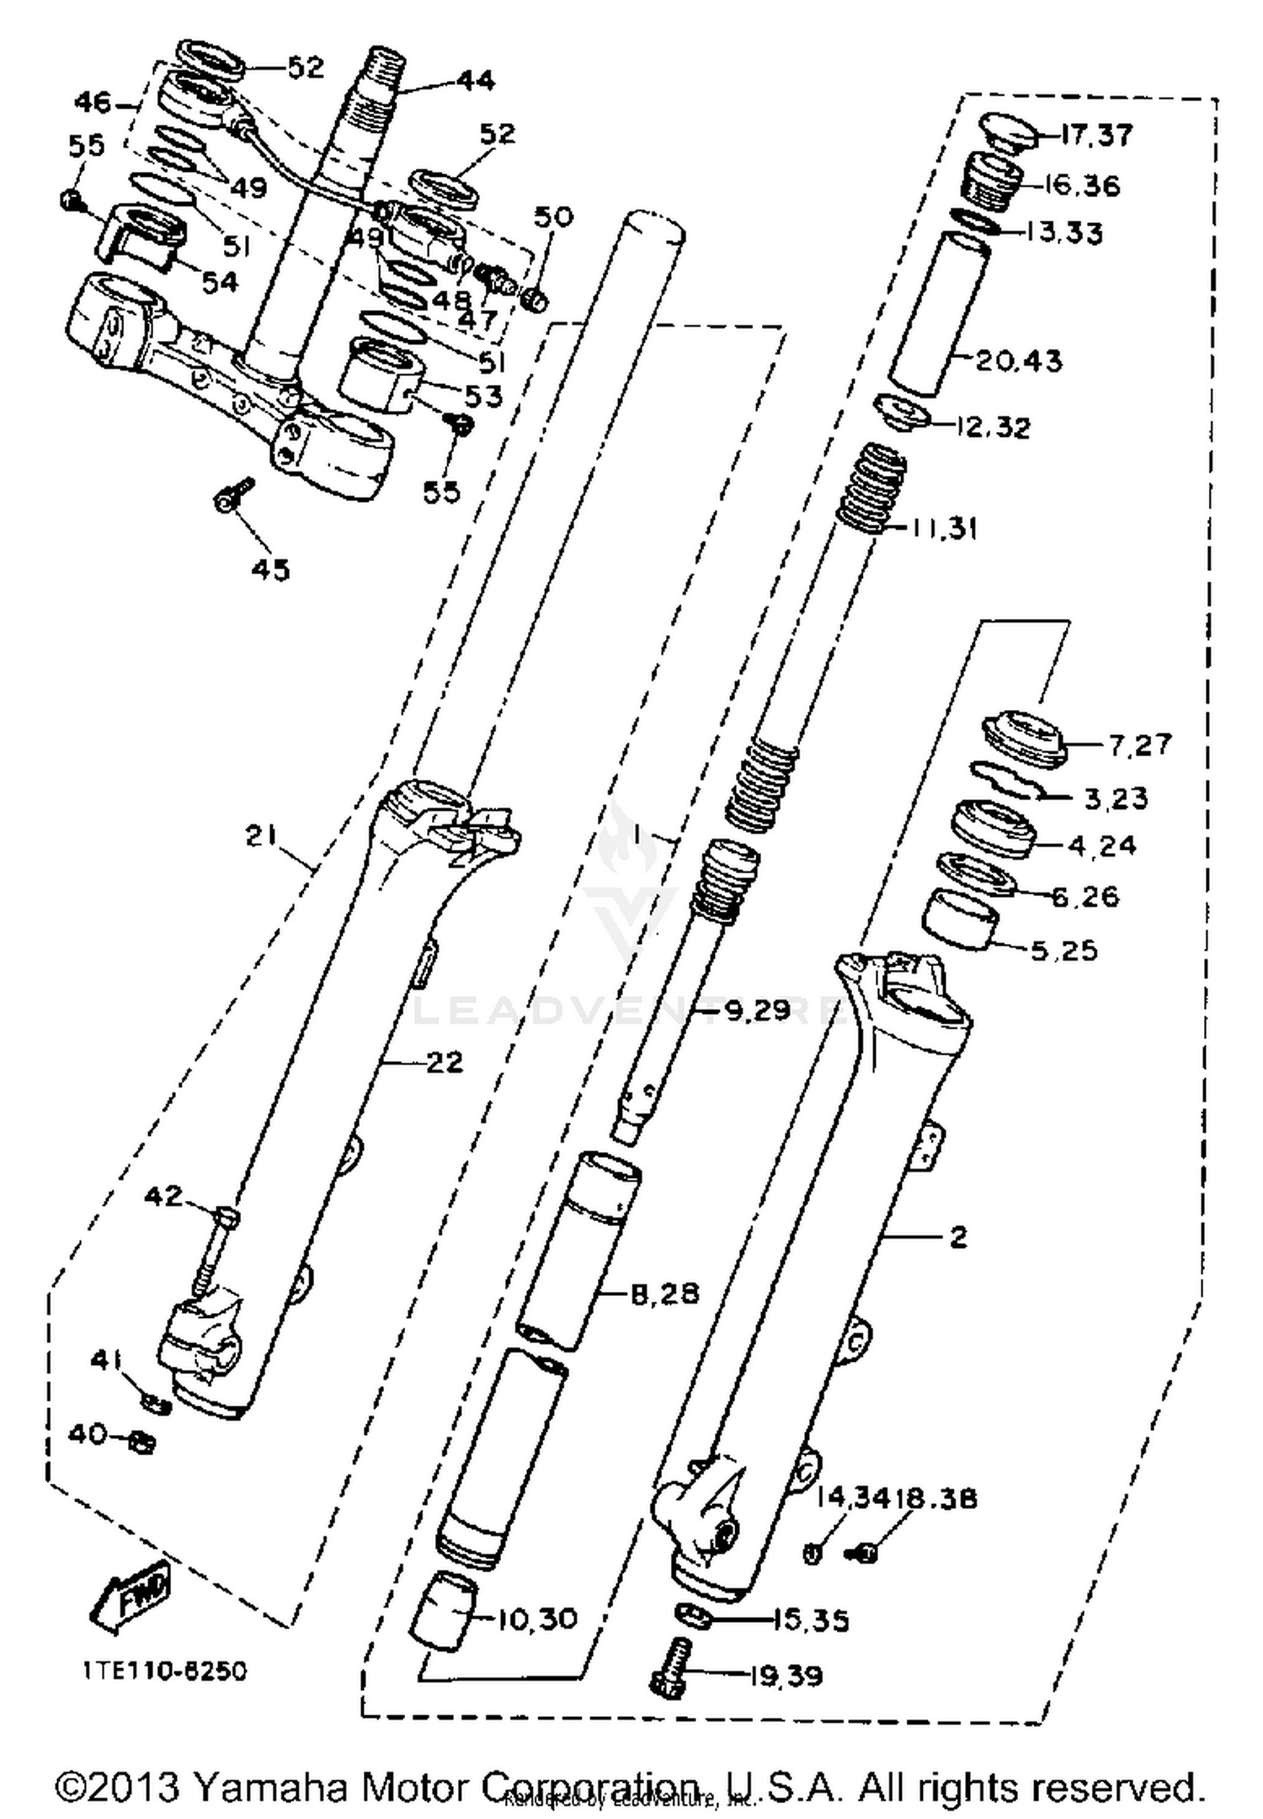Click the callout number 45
(270, 569)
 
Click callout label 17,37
(1096, 135)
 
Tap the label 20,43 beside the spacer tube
(1020, 361)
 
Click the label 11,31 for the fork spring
(943, 529)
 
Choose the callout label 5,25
(1064, 951)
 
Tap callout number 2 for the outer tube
(958, 1237)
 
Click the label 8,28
(665, 1293)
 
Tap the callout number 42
(163, 1196)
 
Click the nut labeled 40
(141, 1443)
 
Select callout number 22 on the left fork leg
(445, 1062)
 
